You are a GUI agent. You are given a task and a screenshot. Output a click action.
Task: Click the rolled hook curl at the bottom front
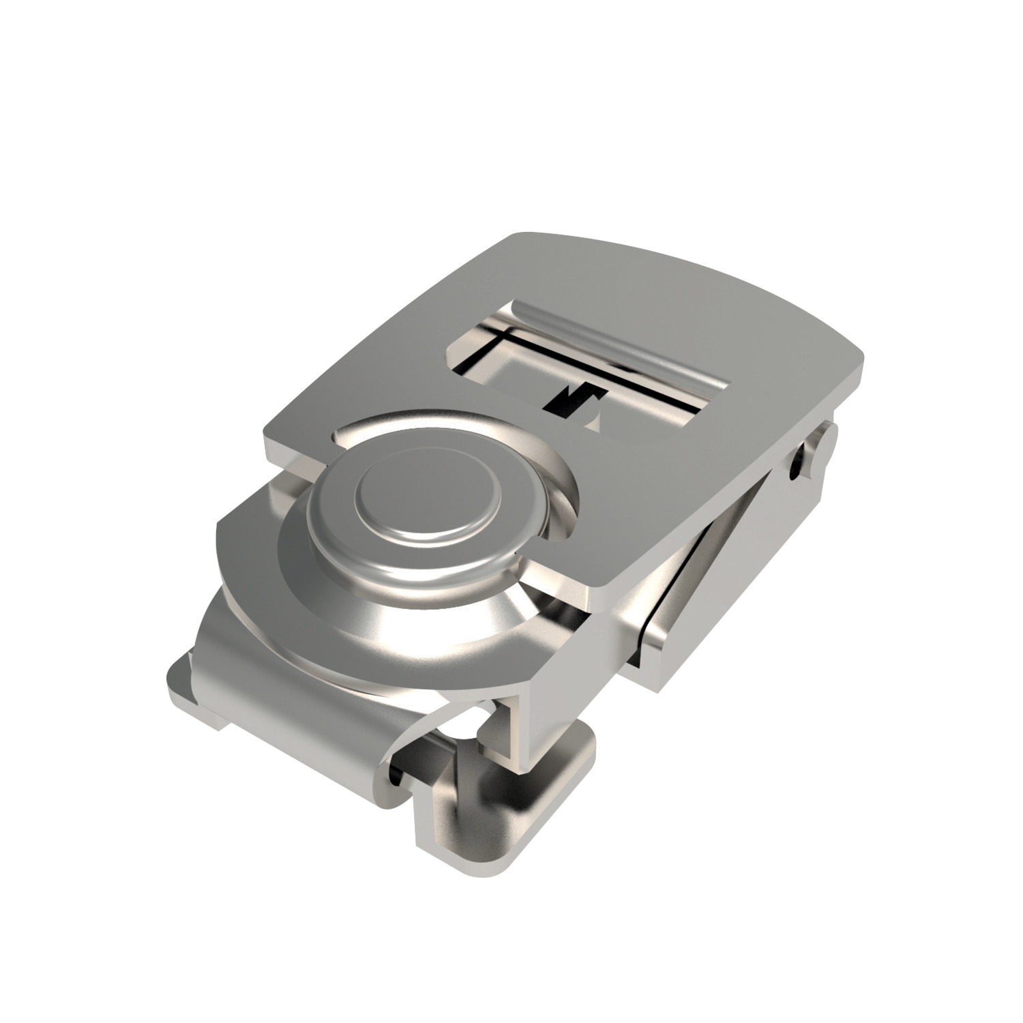pyautogui.click(x=402, y=777)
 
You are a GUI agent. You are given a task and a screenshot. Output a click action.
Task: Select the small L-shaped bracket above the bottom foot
pyautogui.click(x=505, y=723)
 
